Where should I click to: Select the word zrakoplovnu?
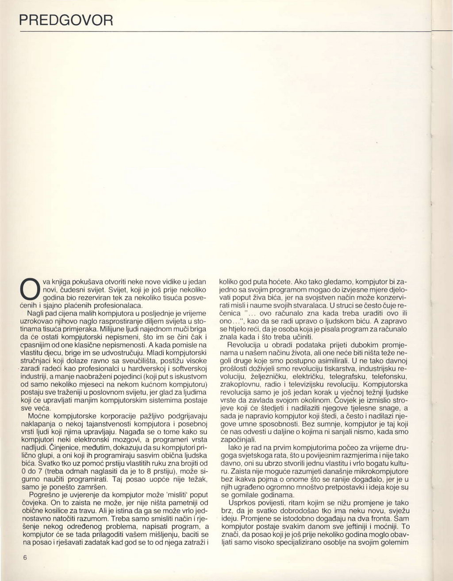pos(241,384)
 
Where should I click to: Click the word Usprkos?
pos(242,504)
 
